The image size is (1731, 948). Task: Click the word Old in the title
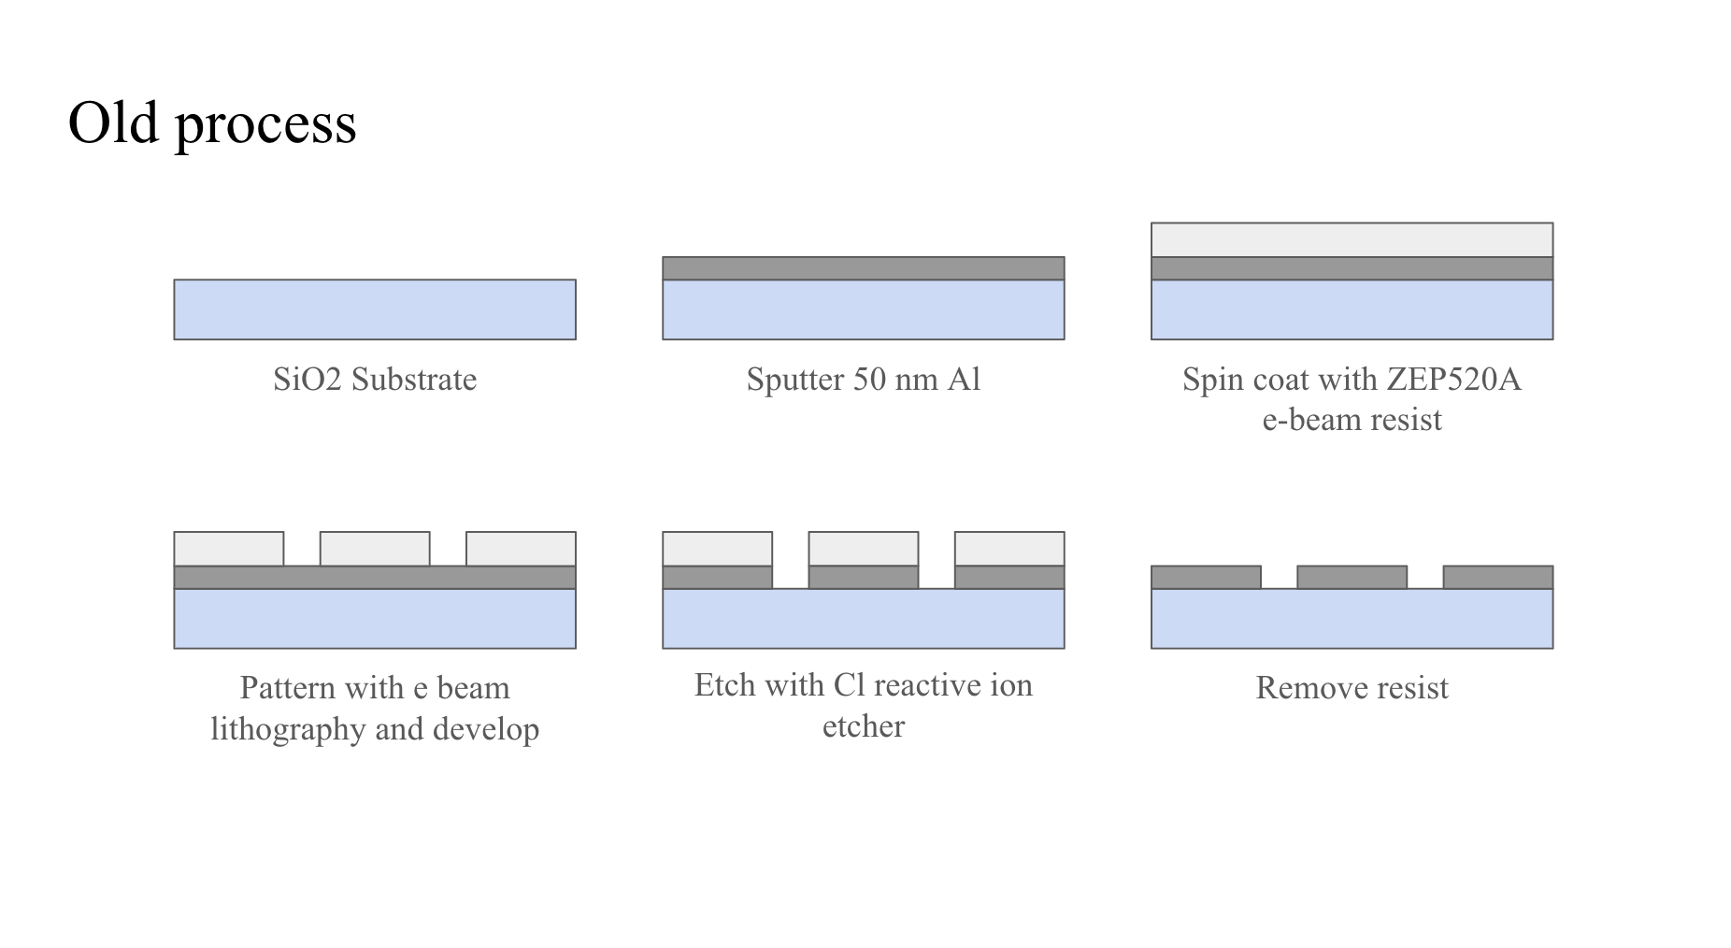[x=114, y=122]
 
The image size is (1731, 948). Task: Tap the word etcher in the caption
[x=864, y=726]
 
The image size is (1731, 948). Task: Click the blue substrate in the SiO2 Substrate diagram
[x=375, y=309]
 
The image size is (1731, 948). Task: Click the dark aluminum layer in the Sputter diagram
[x=864, y=268]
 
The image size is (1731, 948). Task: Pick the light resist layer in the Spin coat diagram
[x=1352, y=240]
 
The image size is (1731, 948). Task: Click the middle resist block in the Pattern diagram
[x=375, y=549]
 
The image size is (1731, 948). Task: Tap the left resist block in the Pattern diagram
[x=229, y=549]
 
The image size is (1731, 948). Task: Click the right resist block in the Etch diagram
[x=1009, y=549]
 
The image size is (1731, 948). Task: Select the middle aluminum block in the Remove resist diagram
[x=1352, y=577]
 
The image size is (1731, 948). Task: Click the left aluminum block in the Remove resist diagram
[x=1206, y=577]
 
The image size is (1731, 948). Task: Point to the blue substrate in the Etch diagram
[x=864, y=619]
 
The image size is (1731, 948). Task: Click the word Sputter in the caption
[x=794, y=380]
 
